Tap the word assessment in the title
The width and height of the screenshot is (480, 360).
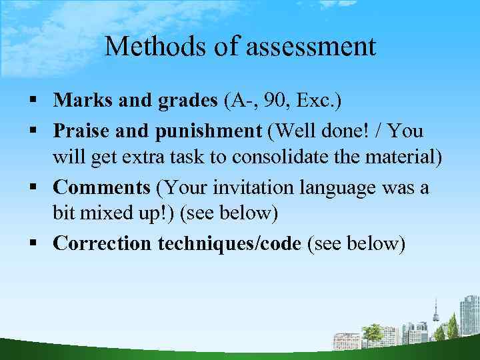pos(311,47)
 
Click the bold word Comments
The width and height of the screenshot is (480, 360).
pos(101,187)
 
